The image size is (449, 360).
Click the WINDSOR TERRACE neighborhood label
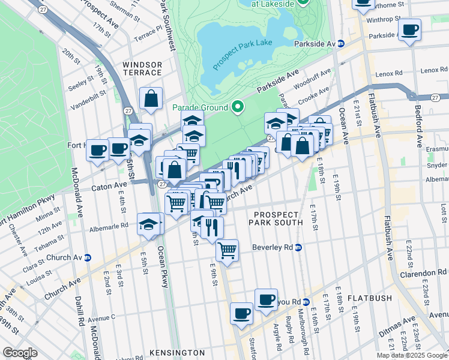(x=142, y=68)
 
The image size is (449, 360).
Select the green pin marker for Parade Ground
(x=238, y=107)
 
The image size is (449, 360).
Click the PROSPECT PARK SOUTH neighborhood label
(x=276, y=219)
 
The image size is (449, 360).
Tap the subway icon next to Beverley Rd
(x=298, y=247)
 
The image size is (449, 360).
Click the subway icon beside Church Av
(x=88, y=257)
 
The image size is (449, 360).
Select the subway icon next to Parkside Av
(x=340, y=44)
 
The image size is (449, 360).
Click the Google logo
(x=20, y=353)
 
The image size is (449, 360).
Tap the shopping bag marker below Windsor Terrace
(x=151, y=98)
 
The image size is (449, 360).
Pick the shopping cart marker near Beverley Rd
(x=227, y=250)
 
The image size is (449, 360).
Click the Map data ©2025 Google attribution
(x=411, y=355)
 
